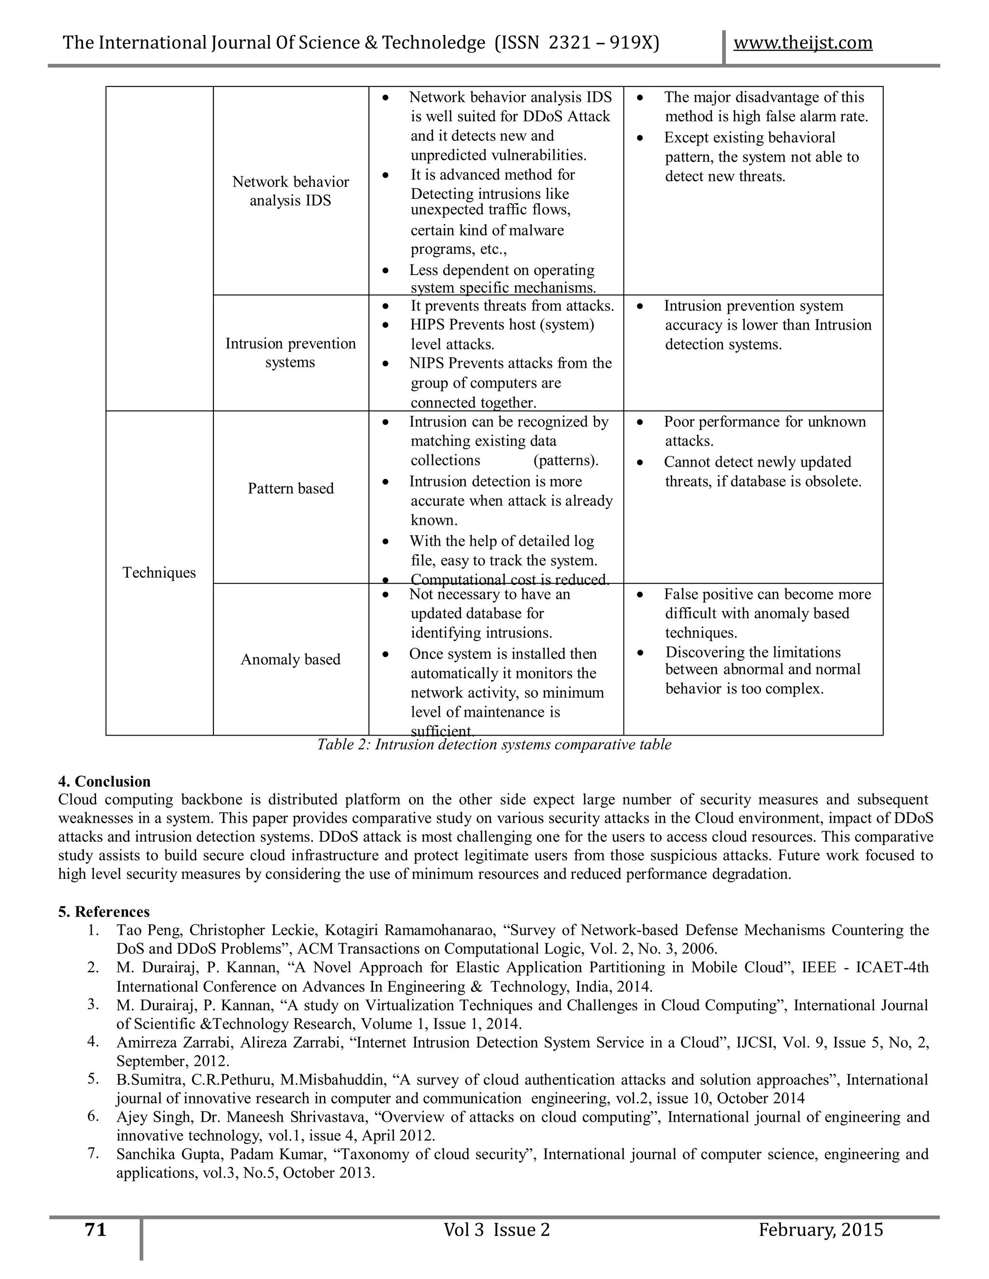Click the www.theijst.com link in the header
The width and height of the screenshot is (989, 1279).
pyautogui.click(x=803, y=43)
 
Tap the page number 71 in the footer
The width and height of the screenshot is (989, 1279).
pyautogui.click(x=96, y=1230)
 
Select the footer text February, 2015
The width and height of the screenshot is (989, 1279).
pyautogui.click(x=820, y=1230)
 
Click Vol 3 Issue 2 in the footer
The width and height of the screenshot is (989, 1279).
pyautogui.click(x=497, y=1230)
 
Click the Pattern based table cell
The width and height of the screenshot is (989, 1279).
pyautogui.click(x=291, y=488)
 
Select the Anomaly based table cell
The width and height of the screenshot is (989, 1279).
pyautogui.click(x=291, y=659)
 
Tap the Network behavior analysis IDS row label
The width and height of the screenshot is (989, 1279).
pyautogui.click(x=291, y=191)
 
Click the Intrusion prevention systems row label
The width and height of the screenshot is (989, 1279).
pyautogui.click(x=291, y=352)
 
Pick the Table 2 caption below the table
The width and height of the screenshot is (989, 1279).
pyautogui.click(x=494, y=744)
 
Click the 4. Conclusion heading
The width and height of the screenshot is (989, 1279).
pyautogui.click(x=104, y=782)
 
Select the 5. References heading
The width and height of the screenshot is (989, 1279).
pyautogui.click(x=104, y=912)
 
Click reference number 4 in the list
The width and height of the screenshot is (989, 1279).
pyautogui.click(x=93, y=1041)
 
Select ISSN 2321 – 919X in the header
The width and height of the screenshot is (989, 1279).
pyautogui.click(x=577, y=43)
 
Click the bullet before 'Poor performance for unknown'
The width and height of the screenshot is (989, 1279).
pyautogui.click(x=640, y=422)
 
